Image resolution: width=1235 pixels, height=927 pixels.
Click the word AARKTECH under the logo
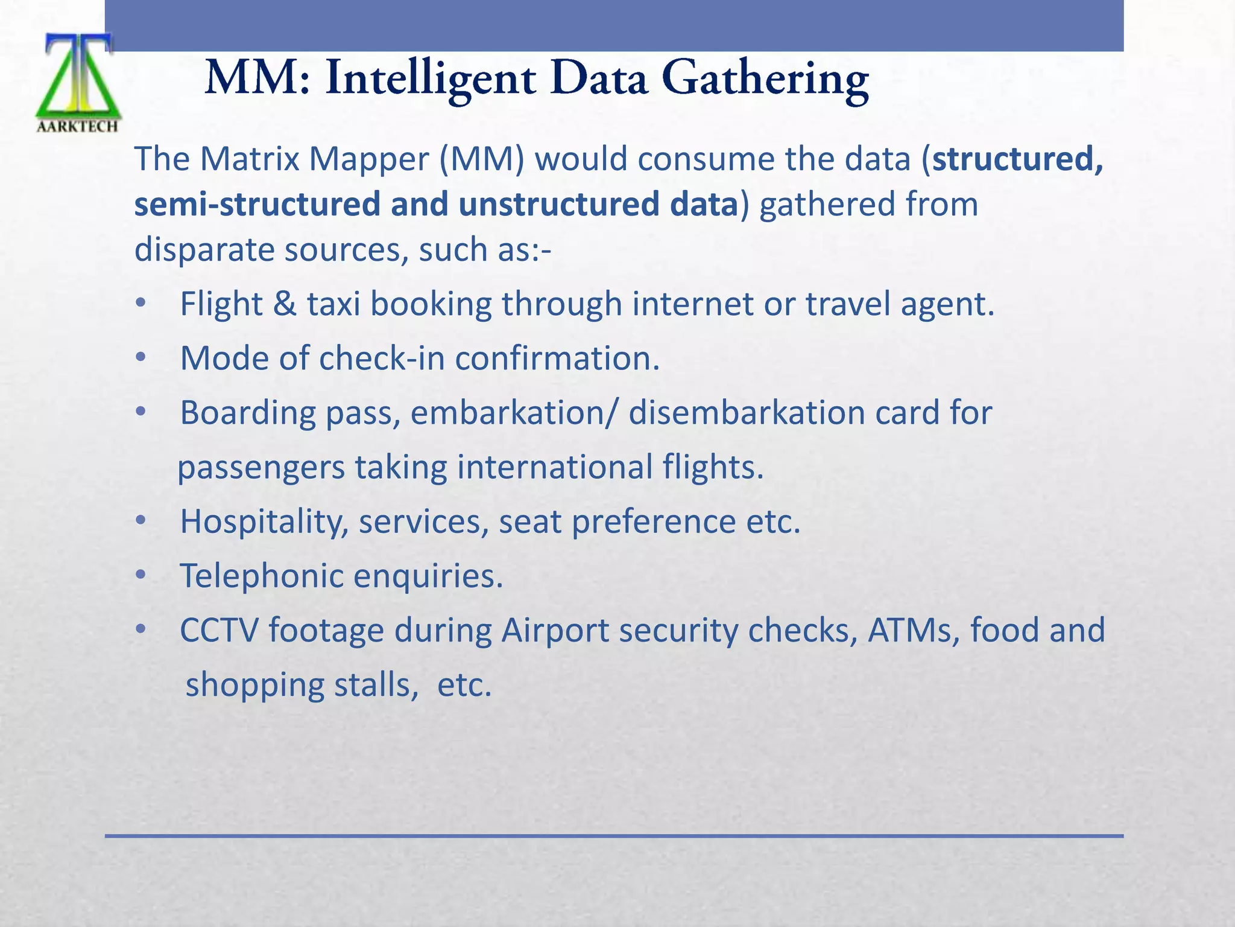78,126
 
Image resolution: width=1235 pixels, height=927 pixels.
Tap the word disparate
204,250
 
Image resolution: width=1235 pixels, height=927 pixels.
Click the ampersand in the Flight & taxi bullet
284,304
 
